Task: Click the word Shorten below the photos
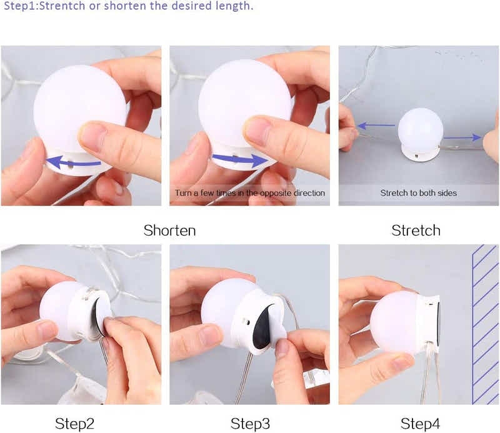(169, 230)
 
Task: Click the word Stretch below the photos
(416, 230)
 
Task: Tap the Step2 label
(74, 424)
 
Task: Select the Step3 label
(250, 424)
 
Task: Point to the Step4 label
(420, 424)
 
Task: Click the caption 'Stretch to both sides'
(418, 193)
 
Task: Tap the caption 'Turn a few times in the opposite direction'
(250, 193)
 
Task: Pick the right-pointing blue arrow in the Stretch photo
(462, 137)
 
